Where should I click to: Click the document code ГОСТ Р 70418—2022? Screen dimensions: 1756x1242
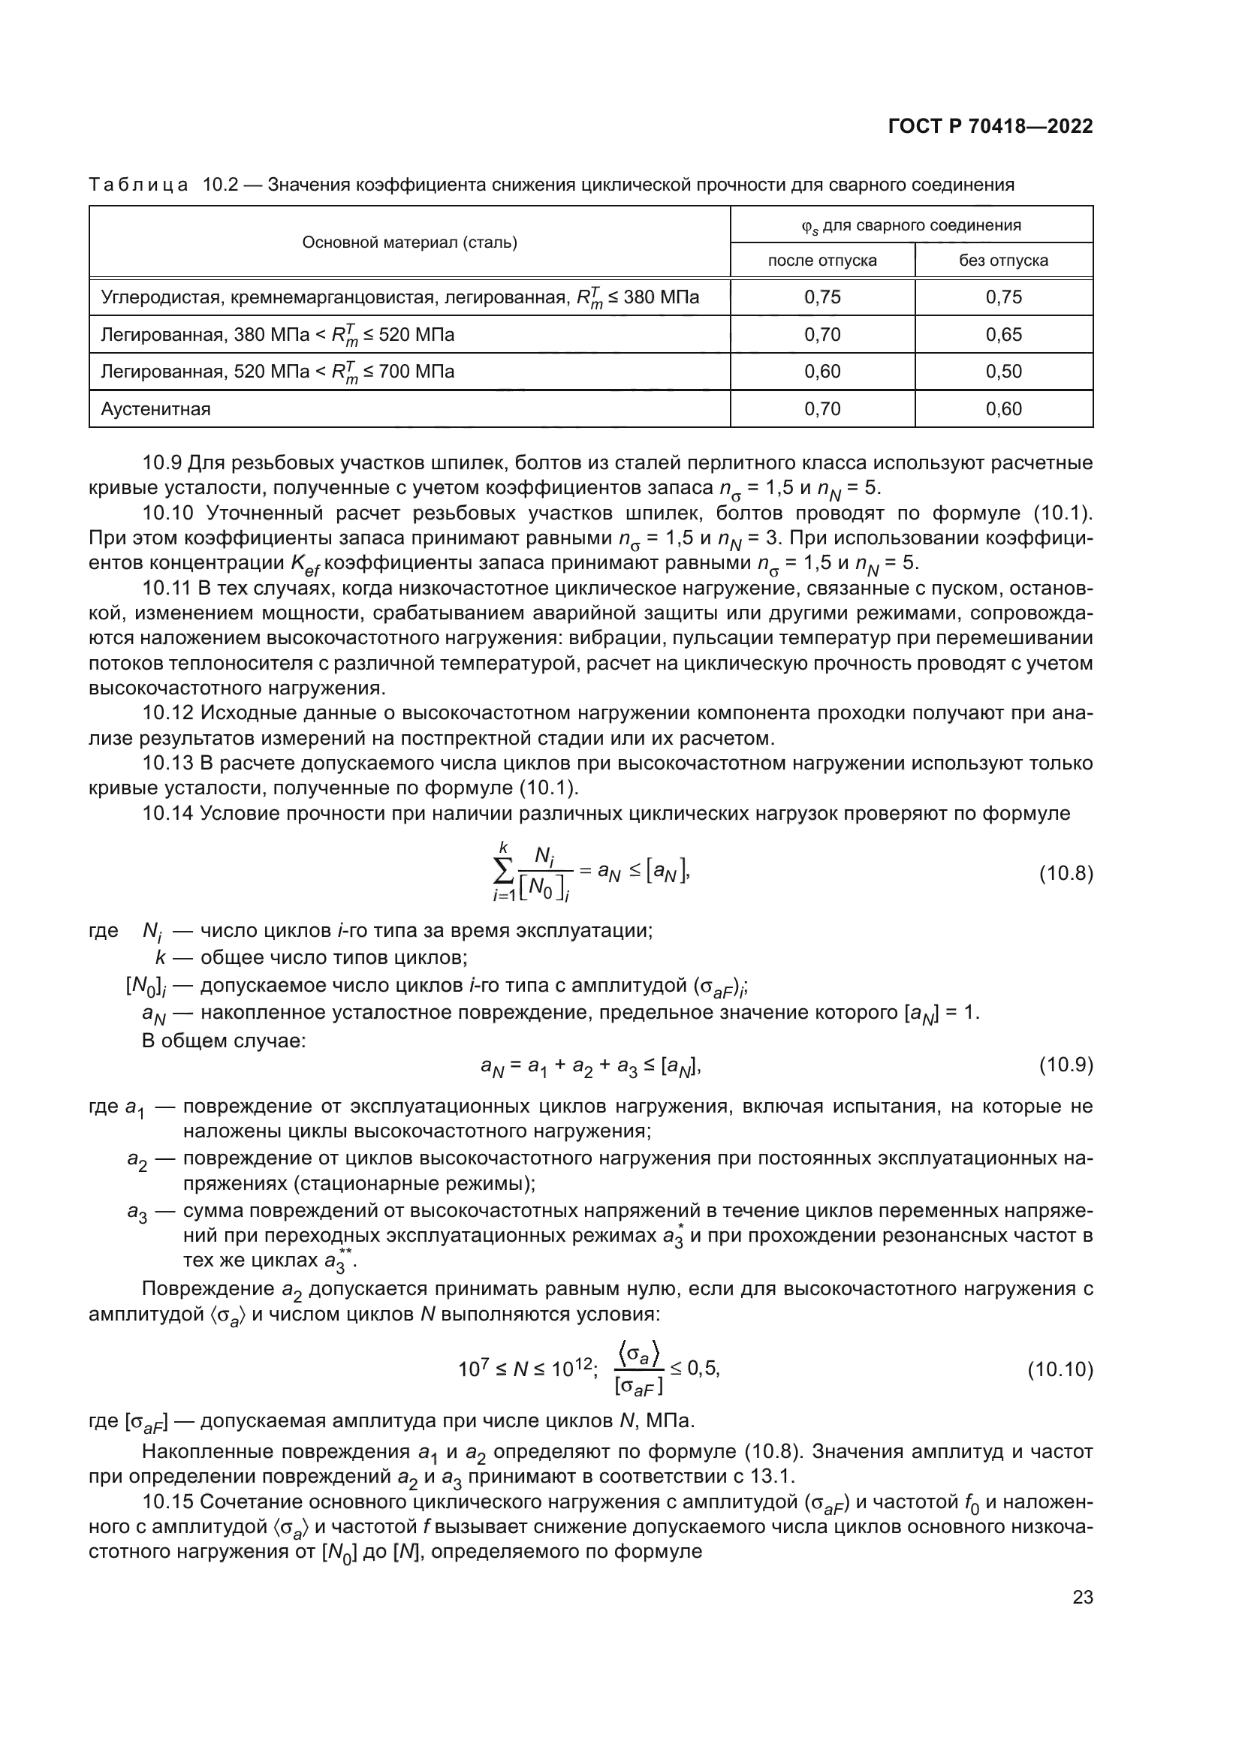990,127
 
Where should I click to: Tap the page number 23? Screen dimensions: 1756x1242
1082,1597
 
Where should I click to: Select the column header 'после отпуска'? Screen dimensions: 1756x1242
822,260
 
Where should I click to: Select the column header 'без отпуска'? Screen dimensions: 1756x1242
1003,260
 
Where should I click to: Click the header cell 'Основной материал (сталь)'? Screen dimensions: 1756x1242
409,242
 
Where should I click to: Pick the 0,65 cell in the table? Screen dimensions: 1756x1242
1003,334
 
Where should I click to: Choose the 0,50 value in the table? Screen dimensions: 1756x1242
1003,372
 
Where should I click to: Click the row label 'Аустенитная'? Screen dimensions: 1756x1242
155,409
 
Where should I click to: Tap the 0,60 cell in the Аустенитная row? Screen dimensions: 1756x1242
1003,409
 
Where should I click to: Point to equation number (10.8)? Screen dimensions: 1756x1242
1066,873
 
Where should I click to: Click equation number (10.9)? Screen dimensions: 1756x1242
1066,1065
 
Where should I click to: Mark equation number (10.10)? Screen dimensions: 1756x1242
1060,1370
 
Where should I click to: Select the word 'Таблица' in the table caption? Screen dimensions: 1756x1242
138,185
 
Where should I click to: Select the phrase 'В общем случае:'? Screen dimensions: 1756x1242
223,1041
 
